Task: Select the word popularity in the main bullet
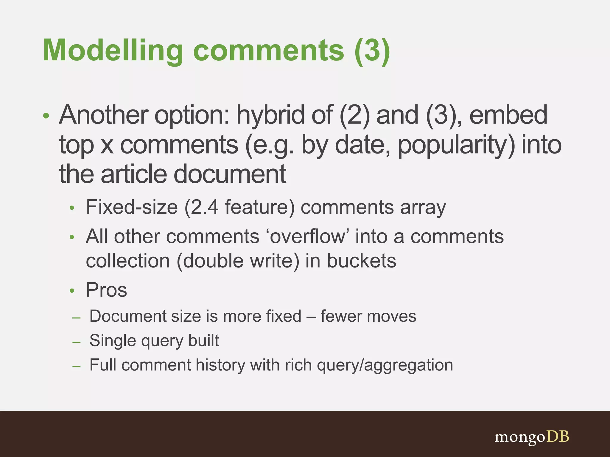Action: [x=456, y=145]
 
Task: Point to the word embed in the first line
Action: [x=508, y=115]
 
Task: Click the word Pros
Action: [x=106, y=290]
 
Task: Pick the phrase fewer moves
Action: [x=368, y=316]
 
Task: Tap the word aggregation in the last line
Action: [x=408, y=365]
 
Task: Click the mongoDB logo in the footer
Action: [x=531, y=437]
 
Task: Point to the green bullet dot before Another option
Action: [x=46, y=116]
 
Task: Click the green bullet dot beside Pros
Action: [x=71, y=291]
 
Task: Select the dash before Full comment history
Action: [x=77, y=366]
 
